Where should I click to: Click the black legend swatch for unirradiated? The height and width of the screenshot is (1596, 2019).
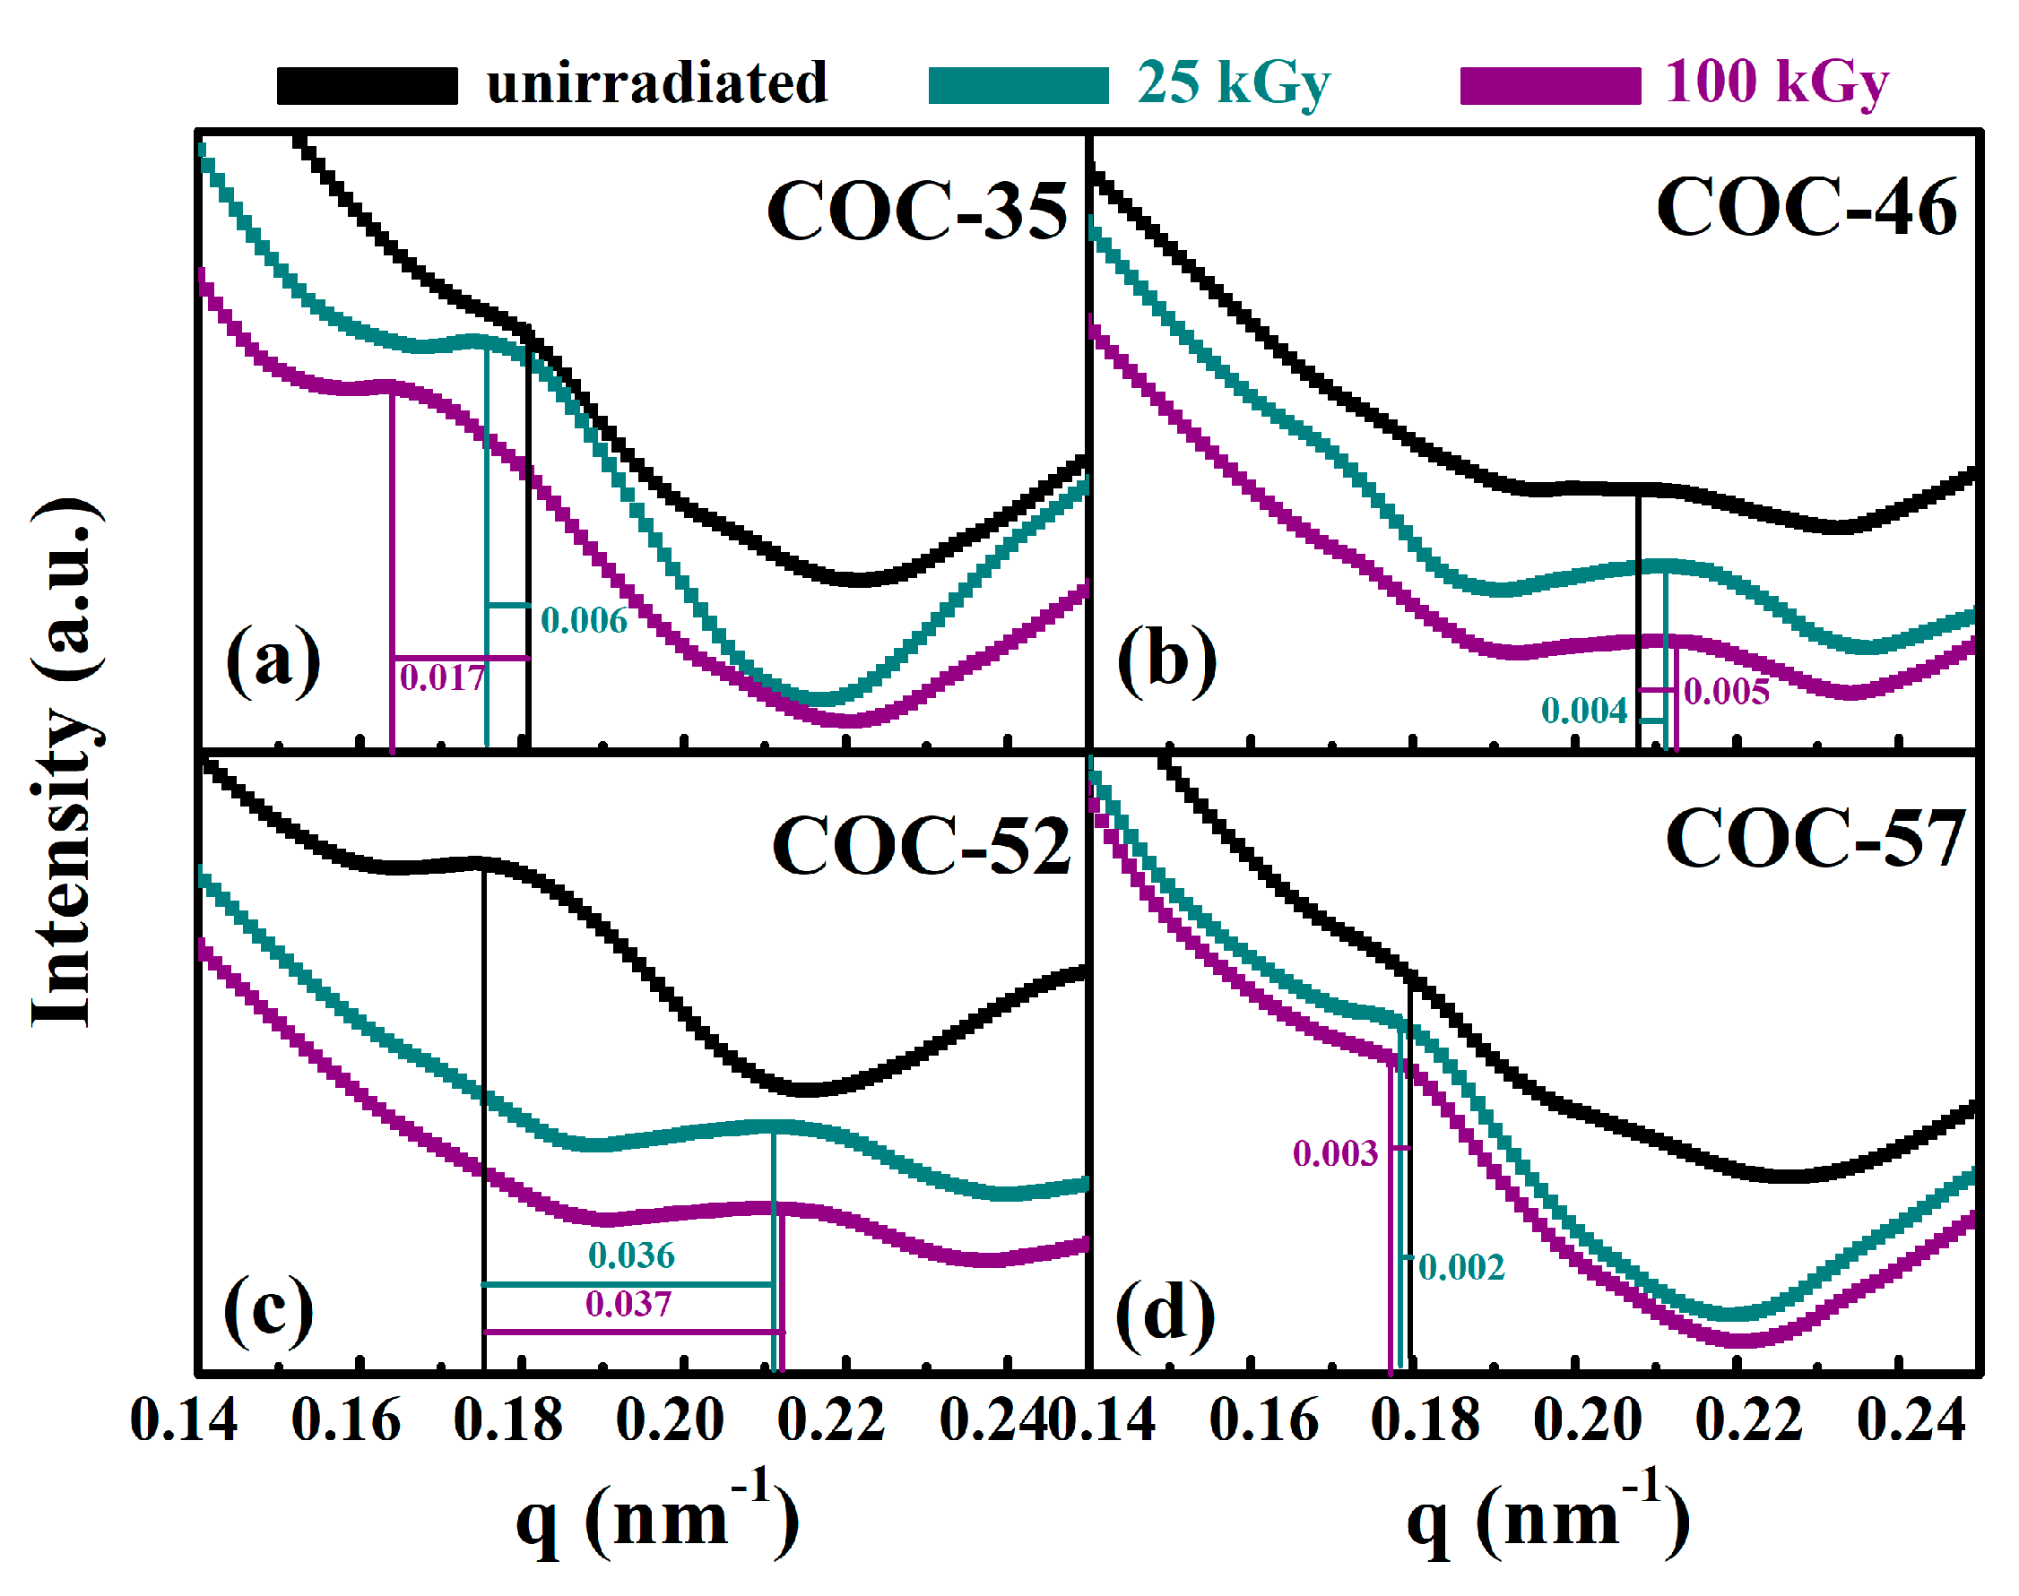367,85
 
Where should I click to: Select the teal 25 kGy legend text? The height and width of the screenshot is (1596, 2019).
1233,83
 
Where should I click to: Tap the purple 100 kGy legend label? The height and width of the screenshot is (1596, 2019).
1776,82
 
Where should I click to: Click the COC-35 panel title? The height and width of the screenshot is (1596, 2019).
916,211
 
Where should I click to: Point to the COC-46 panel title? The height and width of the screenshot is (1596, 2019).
1805,207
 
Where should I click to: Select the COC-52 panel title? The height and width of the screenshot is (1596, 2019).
921,846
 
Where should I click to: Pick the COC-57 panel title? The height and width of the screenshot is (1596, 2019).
1815,838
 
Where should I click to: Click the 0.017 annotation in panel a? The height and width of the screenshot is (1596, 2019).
442,677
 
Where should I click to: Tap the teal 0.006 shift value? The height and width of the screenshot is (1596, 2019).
585,620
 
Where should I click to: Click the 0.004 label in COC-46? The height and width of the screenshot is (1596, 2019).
1583,710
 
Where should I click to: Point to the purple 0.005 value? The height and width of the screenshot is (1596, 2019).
1726,692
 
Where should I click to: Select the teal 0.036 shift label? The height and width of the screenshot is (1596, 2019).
631,1255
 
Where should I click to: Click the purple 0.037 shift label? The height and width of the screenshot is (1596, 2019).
628,1304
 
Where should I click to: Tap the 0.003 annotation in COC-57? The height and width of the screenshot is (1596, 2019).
1335,1153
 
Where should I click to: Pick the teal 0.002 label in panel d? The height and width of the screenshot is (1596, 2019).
1461,1267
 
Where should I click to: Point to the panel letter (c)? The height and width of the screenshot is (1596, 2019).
268,1310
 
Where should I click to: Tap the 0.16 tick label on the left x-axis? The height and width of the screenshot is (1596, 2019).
346,1420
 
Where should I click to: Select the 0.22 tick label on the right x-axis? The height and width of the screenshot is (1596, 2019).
1748,1420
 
